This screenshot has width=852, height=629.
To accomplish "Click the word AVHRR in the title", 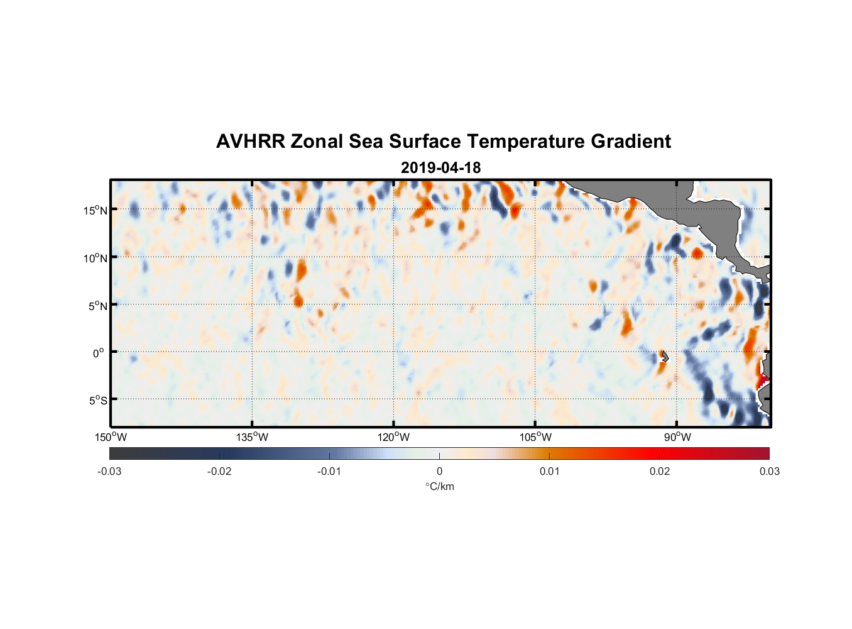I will (x=250, y=142).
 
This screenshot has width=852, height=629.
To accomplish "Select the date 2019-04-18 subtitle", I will (x=440, y=168).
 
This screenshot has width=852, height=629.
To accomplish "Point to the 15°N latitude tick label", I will (x=96, y=210).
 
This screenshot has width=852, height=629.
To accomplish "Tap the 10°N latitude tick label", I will (x=96, y=258).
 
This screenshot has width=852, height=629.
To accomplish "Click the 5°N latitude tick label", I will (x=97, y=306).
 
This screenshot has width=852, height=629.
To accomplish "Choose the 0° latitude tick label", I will (x=99, y=353).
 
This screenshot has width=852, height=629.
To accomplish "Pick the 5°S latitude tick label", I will (x=97, y=400).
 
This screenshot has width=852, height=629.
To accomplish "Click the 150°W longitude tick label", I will (x=111, y=437).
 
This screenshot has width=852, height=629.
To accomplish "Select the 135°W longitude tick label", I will (x=253, y=437).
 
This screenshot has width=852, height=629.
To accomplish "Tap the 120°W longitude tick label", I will (x=394, y=437).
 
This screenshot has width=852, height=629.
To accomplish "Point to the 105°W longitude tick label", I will (x=535, y=437).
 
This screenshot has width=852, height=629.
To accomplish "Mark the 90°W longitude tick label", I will (x=677, y=437).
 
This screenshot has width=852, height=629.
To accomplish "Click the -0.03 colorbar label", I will (x=109, y=471).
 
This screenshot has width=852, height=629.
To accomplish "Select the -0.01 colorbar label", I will (x=329, y=471).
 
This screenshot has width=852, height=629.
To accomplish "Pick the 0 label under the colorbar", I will (x=439, y=471).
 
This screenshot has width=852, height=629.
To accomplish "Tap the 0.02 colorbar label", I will (x=660, y=471).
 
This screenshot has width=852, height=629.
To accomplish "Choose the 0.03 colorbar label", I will (x=769, y=471).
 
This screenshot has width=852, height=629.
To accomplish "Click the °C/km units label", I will (x=439, y=486).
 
